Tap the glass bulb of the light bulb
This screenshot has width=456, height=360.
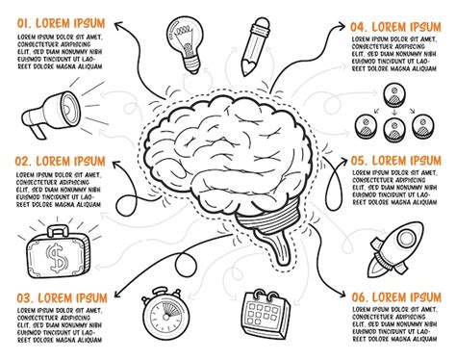pos(185,30)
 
